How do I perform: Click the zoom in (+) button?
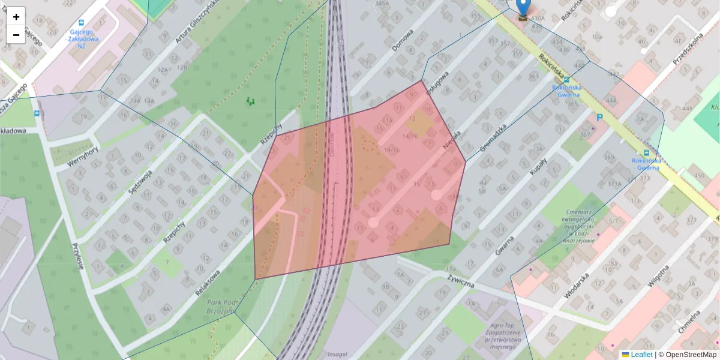[16, 17]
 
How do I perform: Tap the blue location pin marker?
[524, 8]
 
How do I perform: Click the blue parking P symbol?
[599, 119]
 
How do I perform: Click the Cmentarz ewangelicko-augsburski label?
[579, 226]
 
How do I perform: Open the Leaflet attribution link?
[641, 355]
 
